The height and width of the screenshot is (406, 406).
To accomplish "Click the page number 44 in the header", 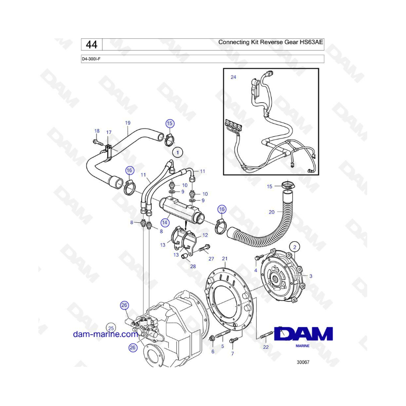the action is [x=92, y=45].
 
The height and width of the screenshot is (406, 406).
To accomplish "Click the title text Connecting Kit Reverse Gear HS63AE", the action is [x=271, y=42].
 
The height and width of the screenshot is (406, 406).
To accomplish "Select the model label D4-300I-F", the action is [x=91, y=59].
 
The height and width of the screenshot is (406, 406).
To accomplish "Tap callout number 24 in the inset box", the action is [x=233, y=77].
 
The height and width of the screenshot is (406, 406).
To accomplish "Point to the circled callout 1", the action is [x=178, y=152].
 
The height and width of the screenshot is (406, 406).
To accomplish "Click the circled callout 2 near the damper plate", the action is [x=295, y=247].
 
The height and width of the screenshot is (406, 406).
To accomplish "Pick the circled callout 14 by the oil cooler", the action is [x=165, y=222].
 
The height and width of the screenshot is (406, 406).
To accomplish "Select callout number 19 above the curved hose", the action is [x=128, y=123].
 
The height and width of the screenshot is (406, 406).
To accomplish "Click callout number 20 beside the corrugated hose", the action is [x=272, y=212].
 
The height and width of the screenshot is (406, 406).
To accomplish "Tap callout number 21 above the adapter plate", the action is [x=225, y=258].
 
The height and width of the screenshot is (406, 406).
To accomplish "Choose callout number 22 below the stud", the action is [x=266, y=347].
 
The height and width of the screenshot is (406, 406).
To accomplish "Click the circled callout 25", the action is [x=111, y=328].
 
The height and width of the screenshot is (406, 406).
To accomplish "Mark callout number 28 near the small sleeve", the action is [x=193, y=266].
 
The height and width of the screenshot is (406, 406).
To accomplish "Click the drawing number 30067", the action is [x=303, y=362].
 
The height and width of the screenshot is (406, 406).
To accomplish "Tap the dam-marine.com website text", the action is [x=106, y=334].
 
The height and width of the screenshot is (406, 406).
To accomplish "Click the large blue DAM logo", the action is [x=304, y=334].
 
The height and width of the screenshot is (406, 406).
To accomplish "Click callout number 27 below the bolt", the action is [x=211, y=258].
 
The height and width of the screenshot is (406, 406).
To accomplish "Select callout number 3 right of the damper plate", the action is [x=311, y=276].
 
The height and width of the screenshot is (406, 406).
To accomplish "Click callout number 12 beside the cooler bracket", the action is [x=205, y=235].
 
